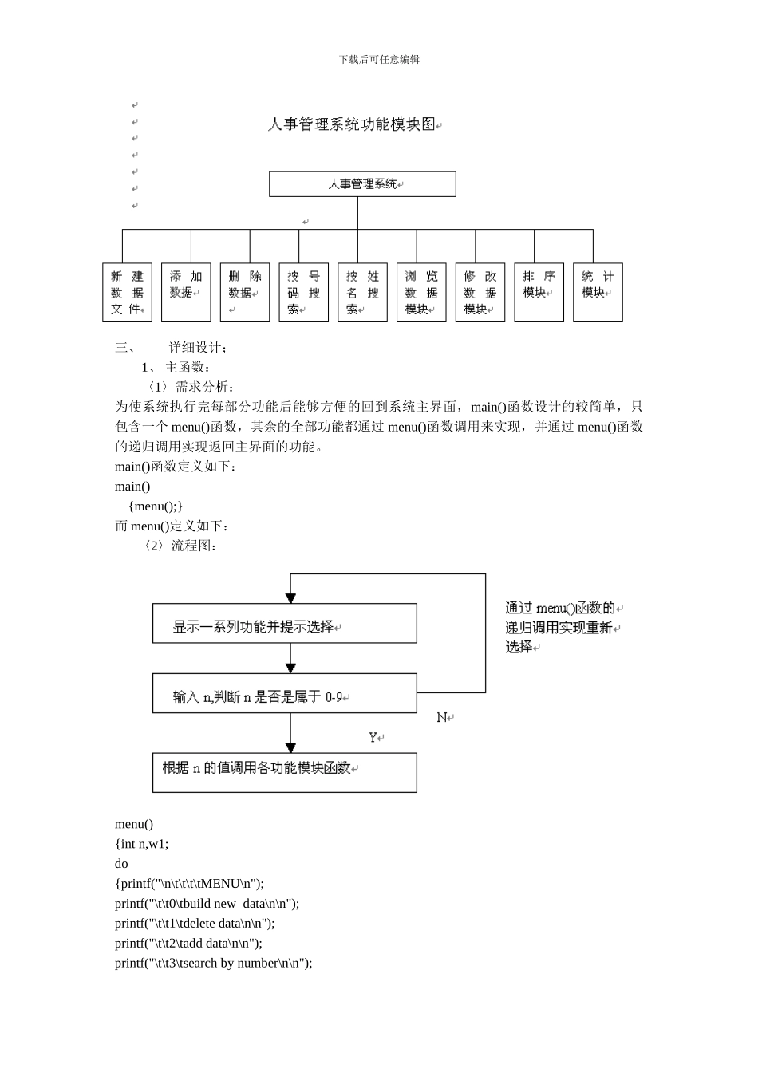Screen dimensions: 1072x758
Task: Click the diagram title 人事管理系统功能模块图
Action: (353, 124)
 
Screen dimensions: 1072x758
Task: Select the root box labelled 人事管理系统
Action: (362, 184)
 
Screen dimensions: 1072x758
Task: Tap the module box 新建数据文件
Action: (127, 293)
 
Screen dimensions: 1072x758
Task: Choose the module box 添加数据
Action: (186, 293)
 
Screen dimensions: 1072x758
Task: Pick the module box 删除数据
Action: (245, 293)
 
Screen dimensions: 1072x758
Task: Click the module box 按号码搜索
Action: (303, 293)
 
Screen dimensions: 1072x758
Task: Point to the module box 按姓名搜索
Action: (362, 293)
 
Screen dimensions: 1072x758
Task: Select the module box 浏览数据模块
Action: (421, 293)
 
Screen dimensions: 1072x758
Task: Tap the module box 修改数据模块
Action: (480, 293)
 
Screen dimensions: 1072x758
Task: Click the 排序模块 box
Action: (539, 293)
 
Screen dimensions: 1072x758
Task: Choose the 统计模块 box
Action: (598, 293)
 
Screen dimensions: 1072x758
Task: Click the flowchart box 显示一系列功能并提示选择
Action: (284, 623)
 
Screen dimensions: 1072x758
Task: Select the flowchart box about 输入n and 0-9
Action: (284, 693)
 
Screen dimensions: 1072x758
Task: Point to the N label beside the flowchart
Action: (442, 718)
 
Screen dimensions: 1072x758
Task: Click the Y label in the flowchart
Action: (373, 738)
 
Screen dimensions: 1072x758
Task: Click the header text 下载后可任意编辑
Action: (379, 60)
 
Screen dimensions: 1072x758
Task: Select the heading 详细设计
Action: (198, 348)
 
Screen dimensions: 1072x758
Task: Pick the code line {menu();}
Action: (156, 506)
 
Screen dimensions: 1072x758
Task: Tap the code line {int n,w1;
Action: (142, 844)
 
